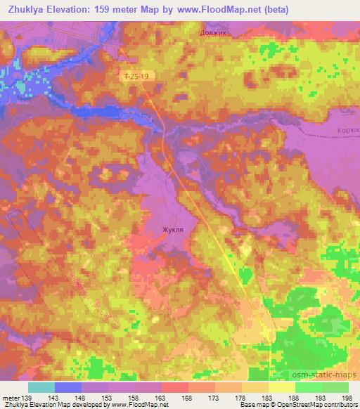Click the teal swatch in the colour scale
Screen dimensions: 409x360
point(41,387)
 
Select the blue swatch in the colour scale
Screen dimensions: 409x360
point(68,387)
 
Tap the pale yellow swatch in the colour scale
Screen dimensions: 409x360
point(282,387)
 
